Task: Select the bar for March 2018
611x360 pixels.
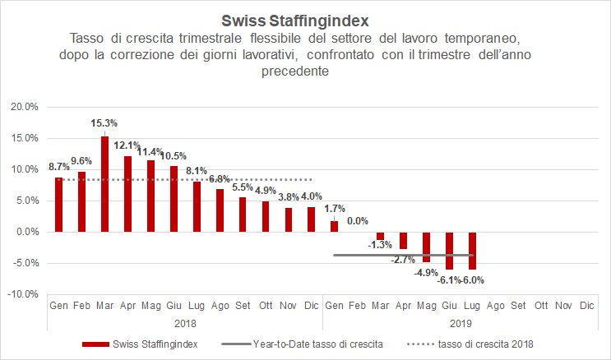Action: pyautogui.click(x=104, y=183)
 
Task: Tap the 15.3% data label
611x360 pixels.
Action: pyautogui.click(x=104, y=122)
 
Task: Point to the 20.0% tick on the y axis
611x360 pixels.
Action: pyautogui.click(x=23, y=107)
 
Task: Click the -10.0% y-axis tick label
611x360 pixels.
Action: pyautogui.click(x=21, y=294)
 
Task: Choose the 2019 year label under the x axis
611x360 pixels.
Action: pyautogui.click(x=461, y=324)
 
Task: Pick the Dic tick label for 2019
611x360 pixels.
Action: pyautogui.click(x=586, y=306)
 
